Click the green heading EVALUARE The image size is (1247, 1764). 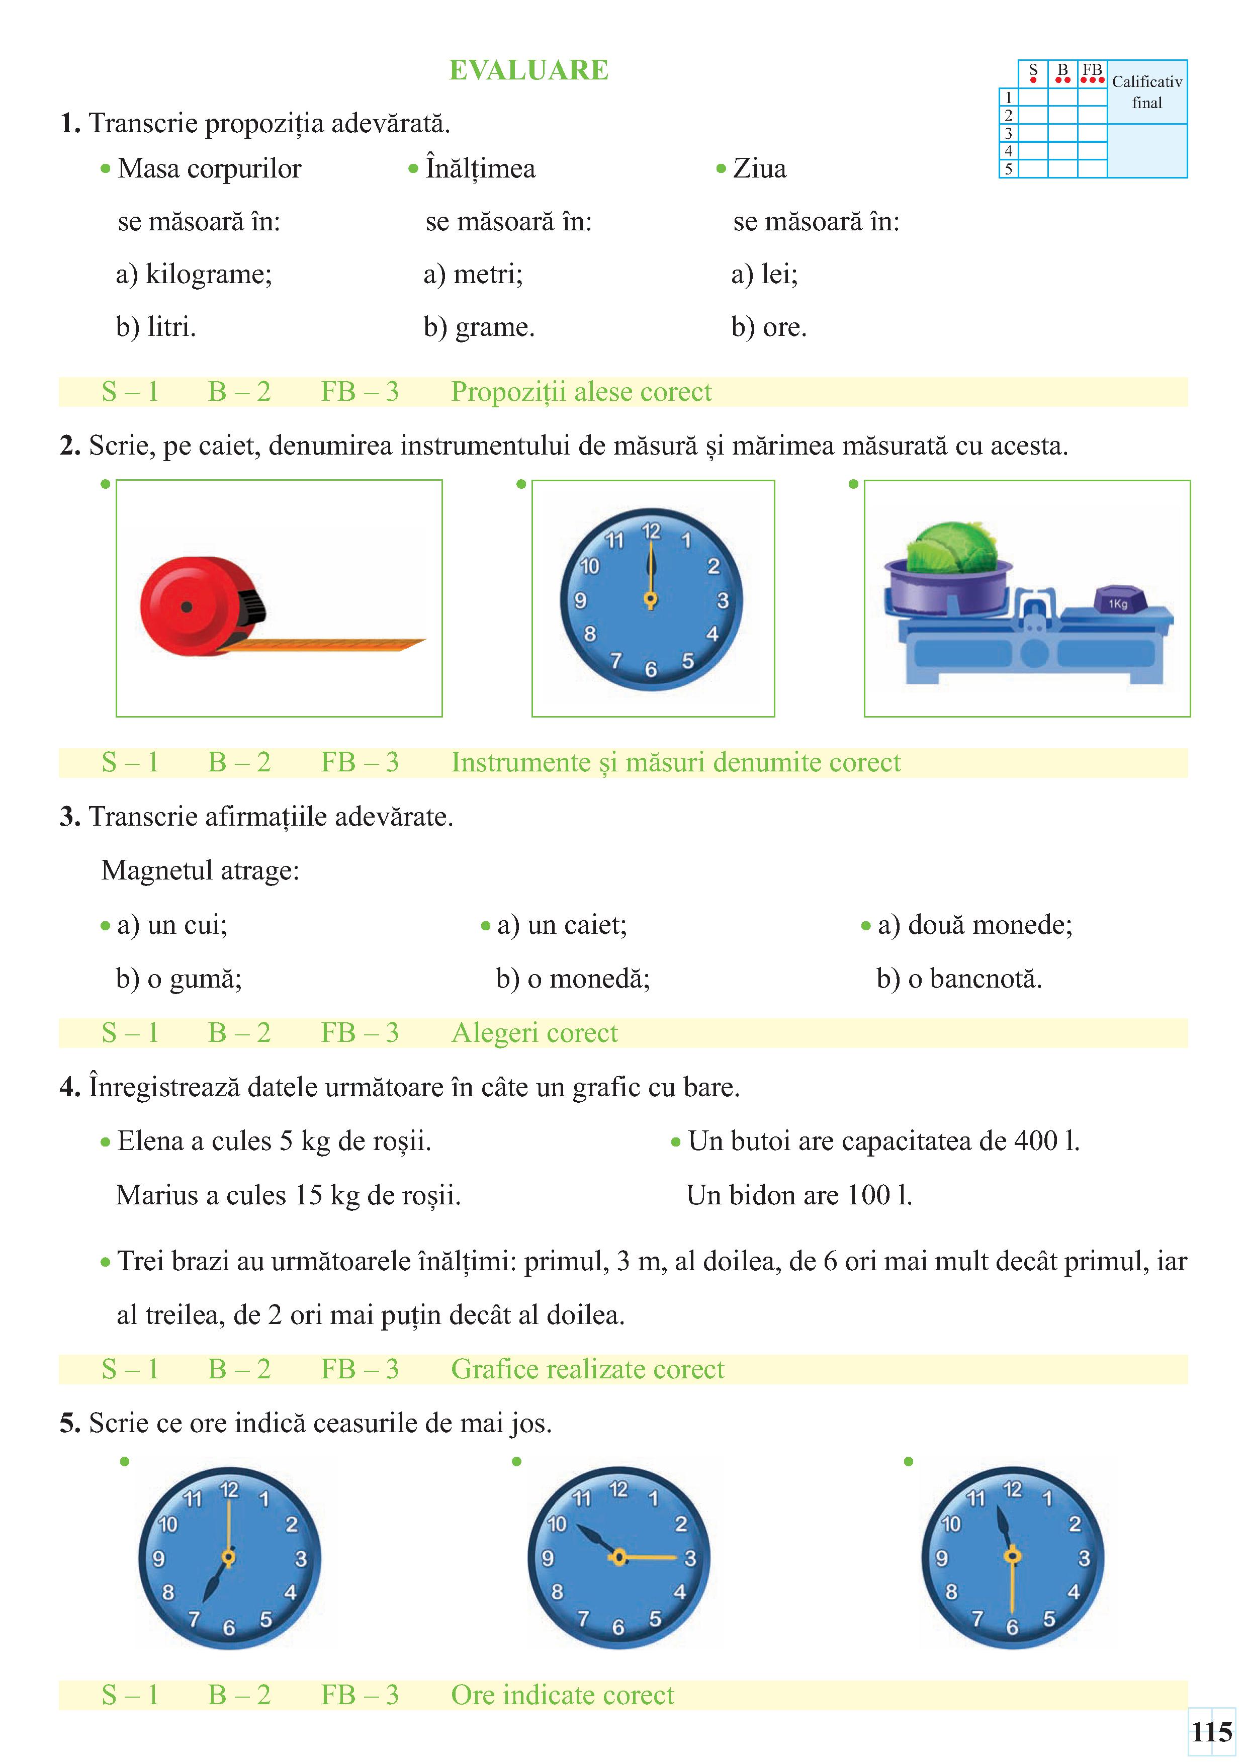tap(528, 70)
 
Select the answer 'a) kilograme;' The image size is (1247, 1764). tap(194, 274)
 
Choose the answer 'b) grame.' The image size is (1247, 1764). tap(479, 327)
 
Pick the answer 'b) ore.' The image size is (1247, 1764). tap(768, 327)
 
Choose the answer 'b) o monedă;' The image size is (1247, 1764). tap(573, 979)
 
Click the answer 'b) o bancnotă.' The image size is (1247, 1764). tap(959, 979)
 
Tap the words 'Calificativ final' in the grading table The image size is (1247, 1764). tap(1146, 92)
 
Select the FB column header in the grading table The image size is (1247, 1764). tap(1092, 70)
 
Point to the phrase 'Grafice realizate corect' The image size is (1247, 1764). tap(587, 1369)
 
